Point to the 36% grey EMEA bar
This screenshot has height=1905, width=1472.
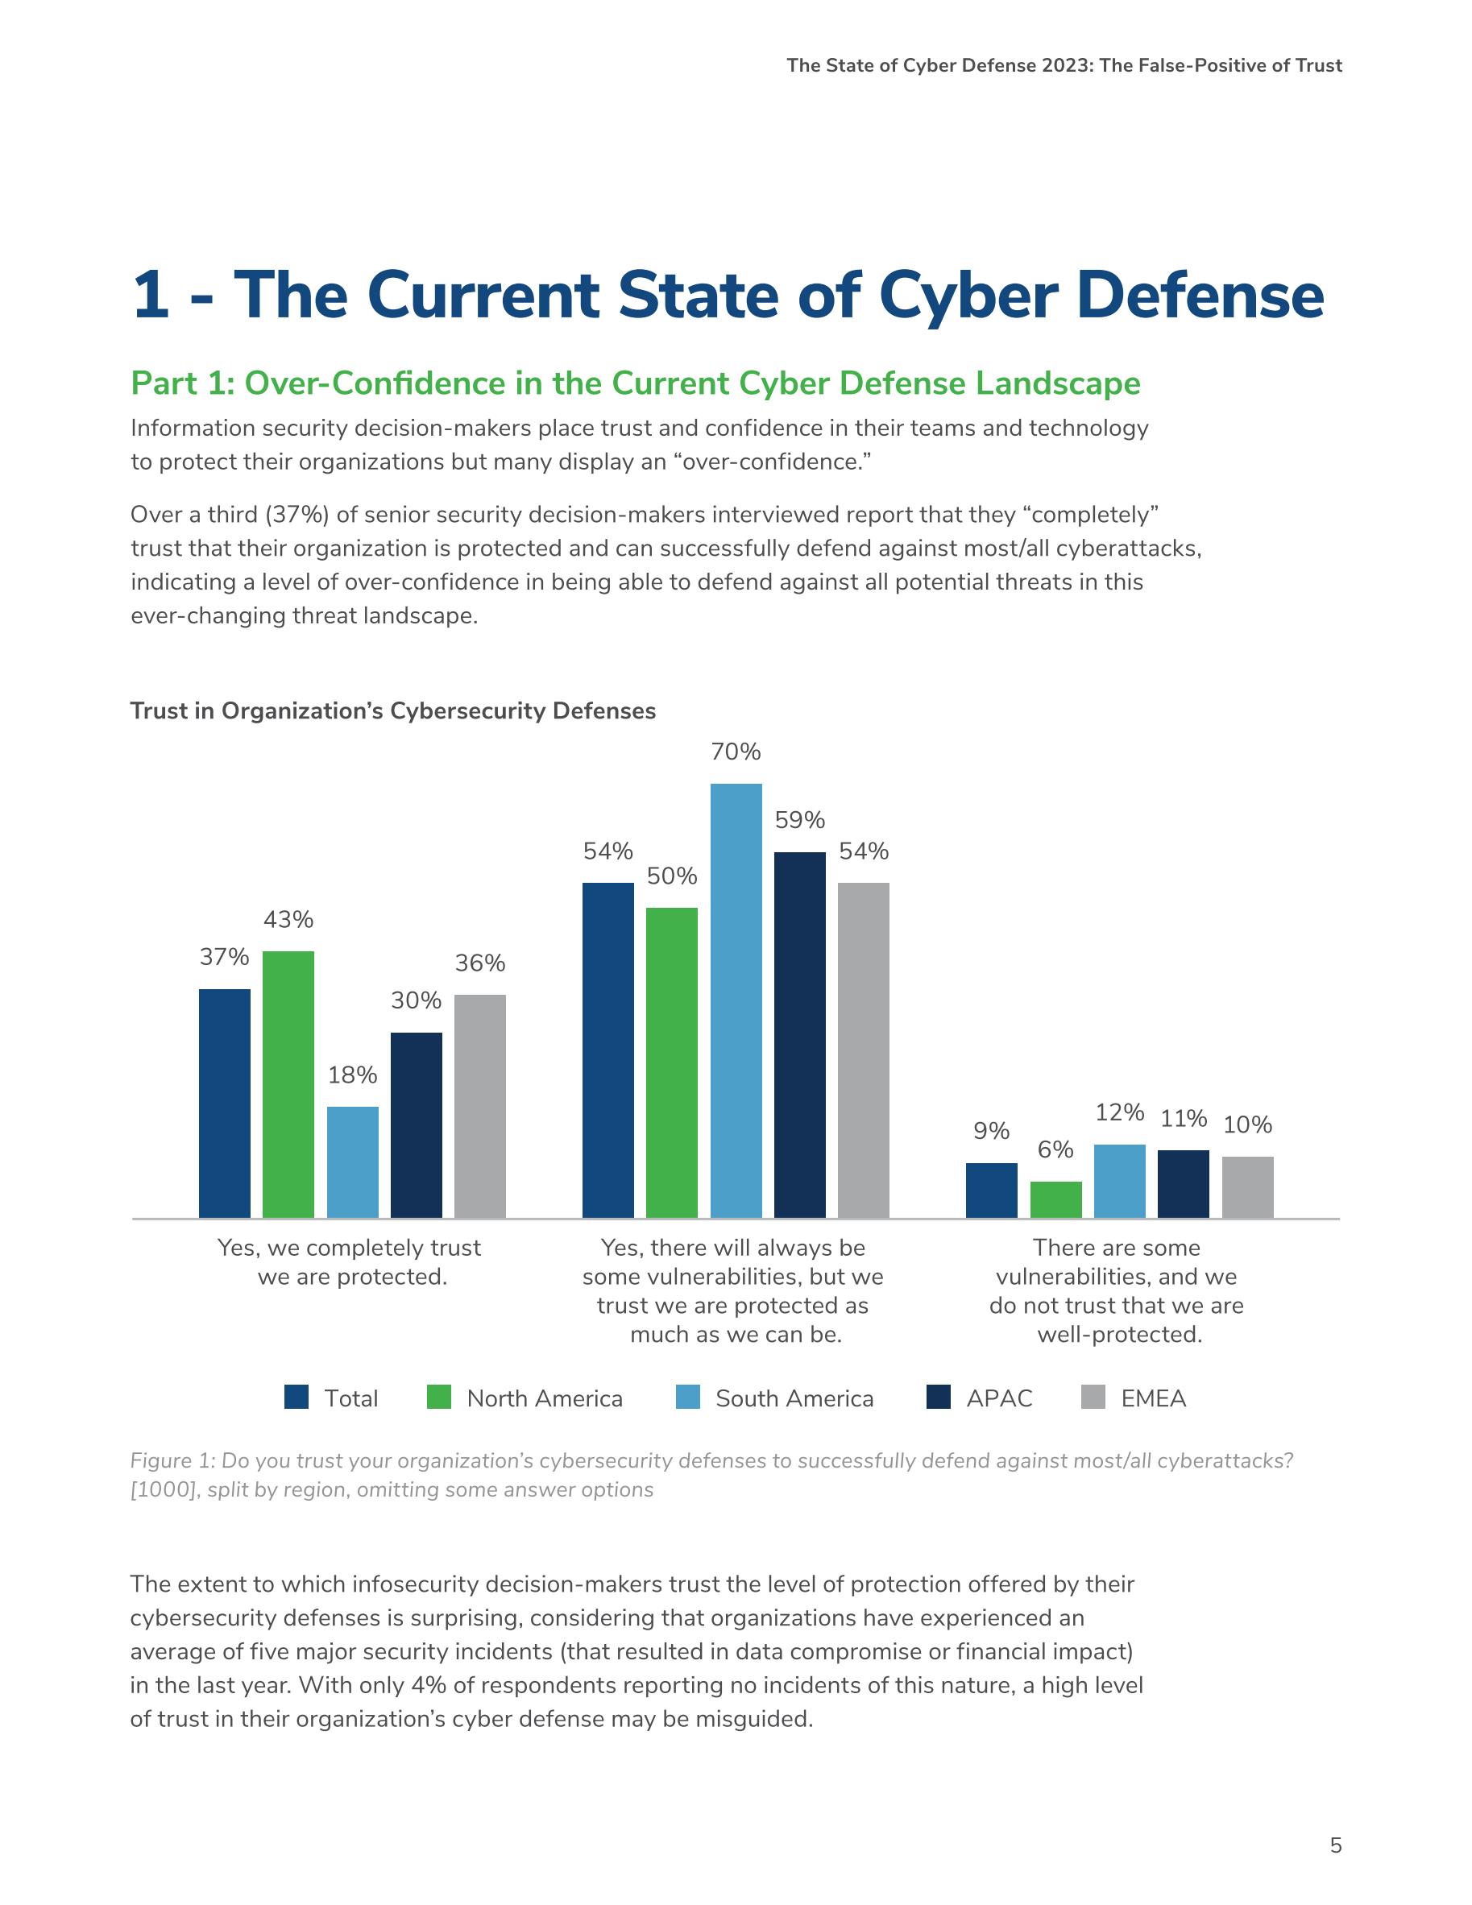tap(480, 1105)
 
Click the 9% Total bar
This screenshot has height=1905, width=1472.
tap(991, 1190)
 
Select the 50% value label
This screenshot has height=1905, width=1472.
tap(672, 876)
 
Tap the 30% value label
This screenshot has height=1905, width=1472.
tap(417, 1000)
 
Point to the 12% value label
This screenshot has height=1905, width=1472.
tap(1119, 1112)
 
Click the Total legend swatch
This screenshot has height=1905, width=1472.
tap(296, 1398)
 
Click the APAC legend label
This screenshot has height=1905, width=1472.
tap(999, 1398)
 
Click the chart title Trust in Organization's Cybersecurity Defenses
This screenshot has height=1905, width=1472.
tap(392, 711)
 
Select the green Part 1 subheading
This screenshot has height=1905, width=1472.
tap(635, 383)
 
